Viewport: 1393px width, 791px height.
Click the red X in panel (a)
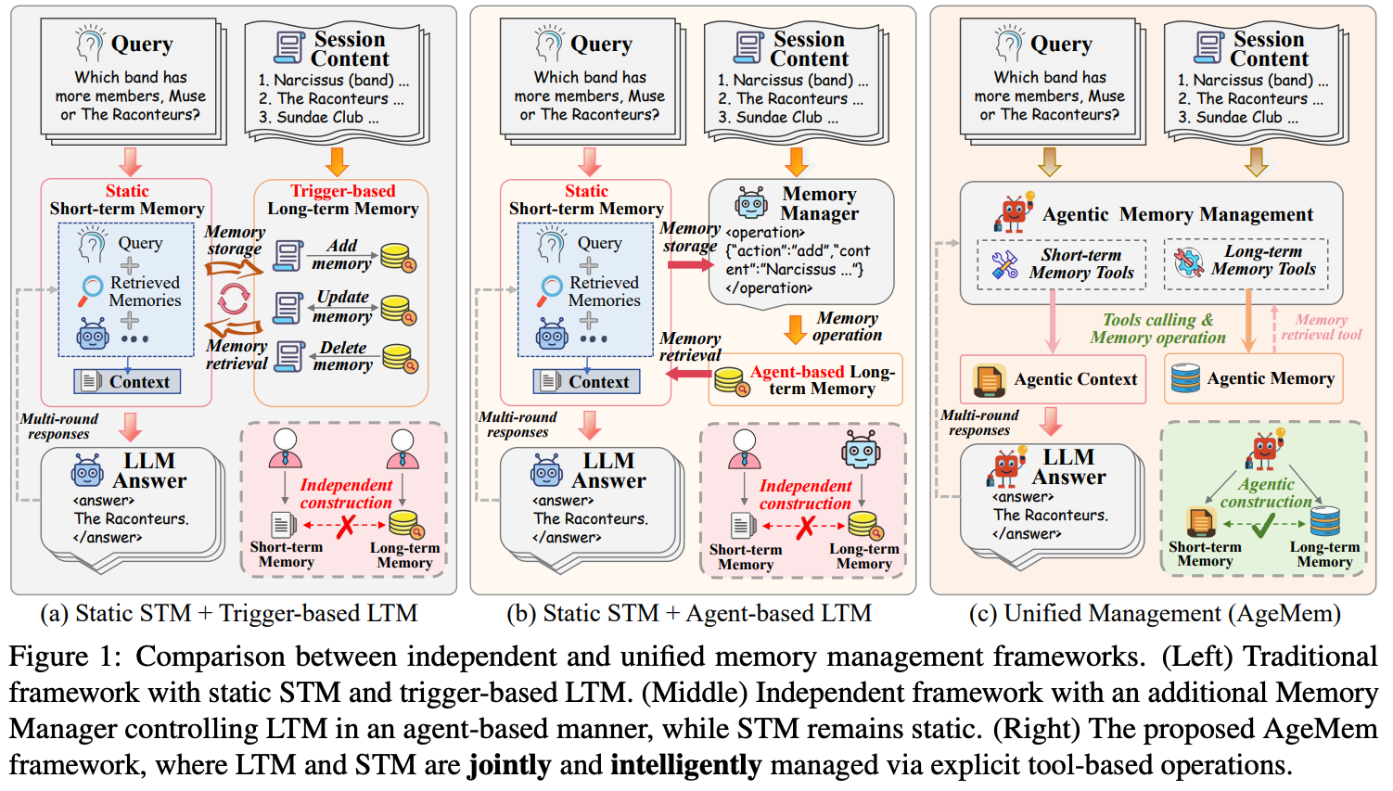point(346,526)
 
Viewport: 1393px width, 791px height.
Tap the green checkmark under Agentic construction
point(1264,526)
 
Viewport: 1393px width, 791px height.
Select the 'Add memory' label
point(342,254)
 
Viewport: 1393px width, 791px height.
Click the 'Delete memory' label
point(343,356)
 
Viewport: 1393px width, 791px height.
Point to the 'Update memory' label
point(342,306)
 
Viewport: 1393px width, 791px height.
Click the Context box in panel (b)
point(586,381)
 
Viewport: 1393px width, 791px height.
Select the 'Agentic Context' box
point(1053,379)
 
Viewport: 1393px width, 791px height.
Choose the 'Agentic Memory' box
point(1253,378)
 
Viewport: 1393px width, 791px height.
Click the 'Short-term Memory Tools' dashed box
point(1062,264)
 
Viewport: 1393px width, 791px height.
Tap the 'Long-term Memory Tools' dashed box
point(1246,263)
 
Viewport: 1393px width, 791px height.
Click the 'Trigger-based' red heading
point(343,191)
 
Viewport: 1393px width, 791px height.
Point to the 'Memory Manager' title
point(820,203)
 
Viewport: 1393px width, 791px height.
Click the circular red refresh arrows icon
point(233,300)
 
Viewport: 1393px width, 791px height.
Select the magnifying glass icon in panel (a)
point(90,290)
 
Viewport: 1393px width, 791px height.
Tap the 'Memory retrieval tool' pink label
point(1321,327)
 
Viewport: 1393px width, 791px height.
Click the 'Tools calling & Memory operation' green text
point(1157,328)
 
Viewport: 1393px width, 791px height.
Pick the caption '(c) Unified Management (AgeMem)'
point(1155,614)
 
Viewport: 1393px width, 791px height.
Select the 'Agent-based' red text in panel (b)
point(797,372)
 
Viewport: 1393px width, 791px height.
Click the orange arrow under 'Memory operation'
point(796,329)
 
